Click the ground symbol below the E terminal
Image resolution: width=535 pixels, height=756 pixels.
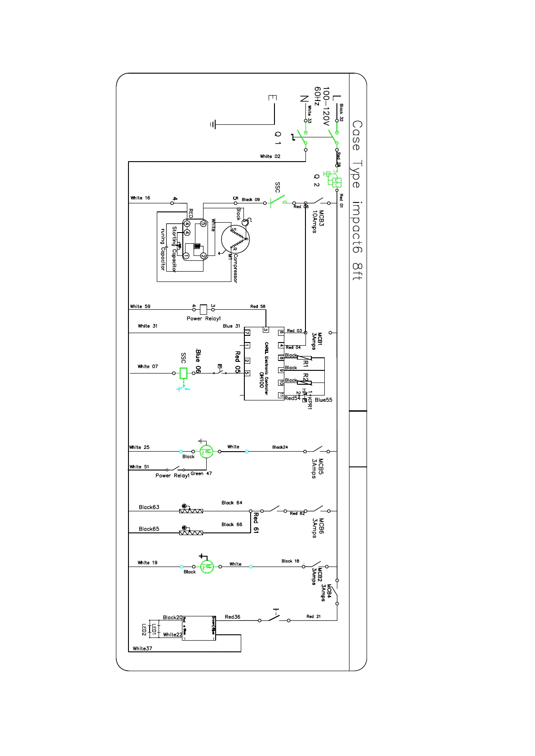click(x=213, y=124)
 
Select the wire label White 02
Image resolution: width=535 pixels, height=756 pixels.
click(x=270, y=156)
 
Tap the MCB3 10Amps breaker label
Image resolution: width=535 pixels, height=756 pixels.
click(x=318, y=221)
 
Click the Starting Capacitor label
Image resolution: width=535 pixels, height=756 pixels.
click(x=174, y=249)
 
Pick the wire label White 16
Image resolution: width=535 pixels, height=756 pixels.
click(x=140, y=198)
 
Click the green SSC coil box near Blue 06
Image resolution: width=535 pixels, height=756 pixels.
click(x=183, y=373)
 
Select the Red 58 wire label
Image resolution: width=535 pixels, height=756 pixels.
click(x=258, y=306)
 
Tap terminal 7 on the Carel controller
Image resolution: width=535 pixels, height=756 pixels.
click(x=247, y=333)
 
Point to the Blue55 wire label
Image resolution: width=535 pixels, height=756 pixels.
click(x=323, y=400)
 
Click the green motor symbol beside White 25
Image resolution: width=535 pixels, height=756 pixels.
click(x=207, y=452)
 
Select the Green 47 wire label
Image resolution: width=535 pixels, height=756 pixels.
click(x=201, y=474)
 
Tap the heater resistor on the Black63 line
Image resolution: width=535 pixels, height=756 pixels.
click(x=191, y=511)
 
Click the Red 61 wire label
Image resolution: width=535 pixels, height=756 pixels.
click(x=256, y=523)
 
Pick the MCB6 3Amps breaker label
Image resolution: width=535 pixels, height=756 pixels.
click(x=318, y=528)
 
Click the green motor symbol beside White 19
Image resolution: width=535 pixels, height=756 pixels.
click(x=207, y=567)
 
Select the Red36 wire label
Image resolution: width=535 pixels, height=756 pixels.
click(x=233, y=617)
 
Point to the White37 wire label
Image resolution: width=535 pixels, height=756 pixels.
click(x=142, y=648)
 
